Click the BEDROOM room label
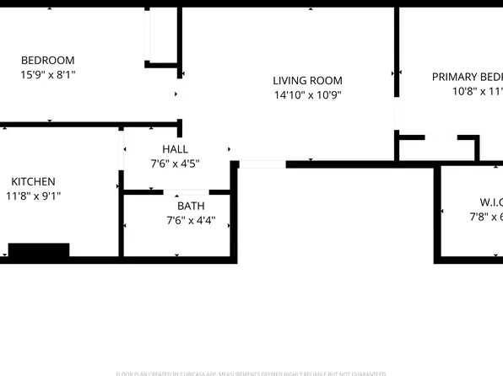coord(47,60)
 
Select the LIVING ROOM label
coord(307,81)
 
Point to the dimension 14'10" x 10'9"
coord(307,95)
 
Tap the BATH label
coord(191,206)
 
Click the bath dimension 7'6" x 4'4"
coord(191,221)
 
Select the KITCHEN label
coord(33,181)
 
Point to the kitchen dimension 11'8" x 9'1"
coord(33,196)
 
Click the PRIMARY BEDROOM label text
coord(467,77)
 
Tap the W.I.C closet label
coord(489,202)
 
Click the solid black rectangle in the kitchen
coord(39,250)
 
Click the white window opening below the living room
coord(262,164)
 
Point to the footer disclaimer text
coord(251,373)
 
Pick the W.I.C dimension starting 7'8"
coord(486,217)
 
